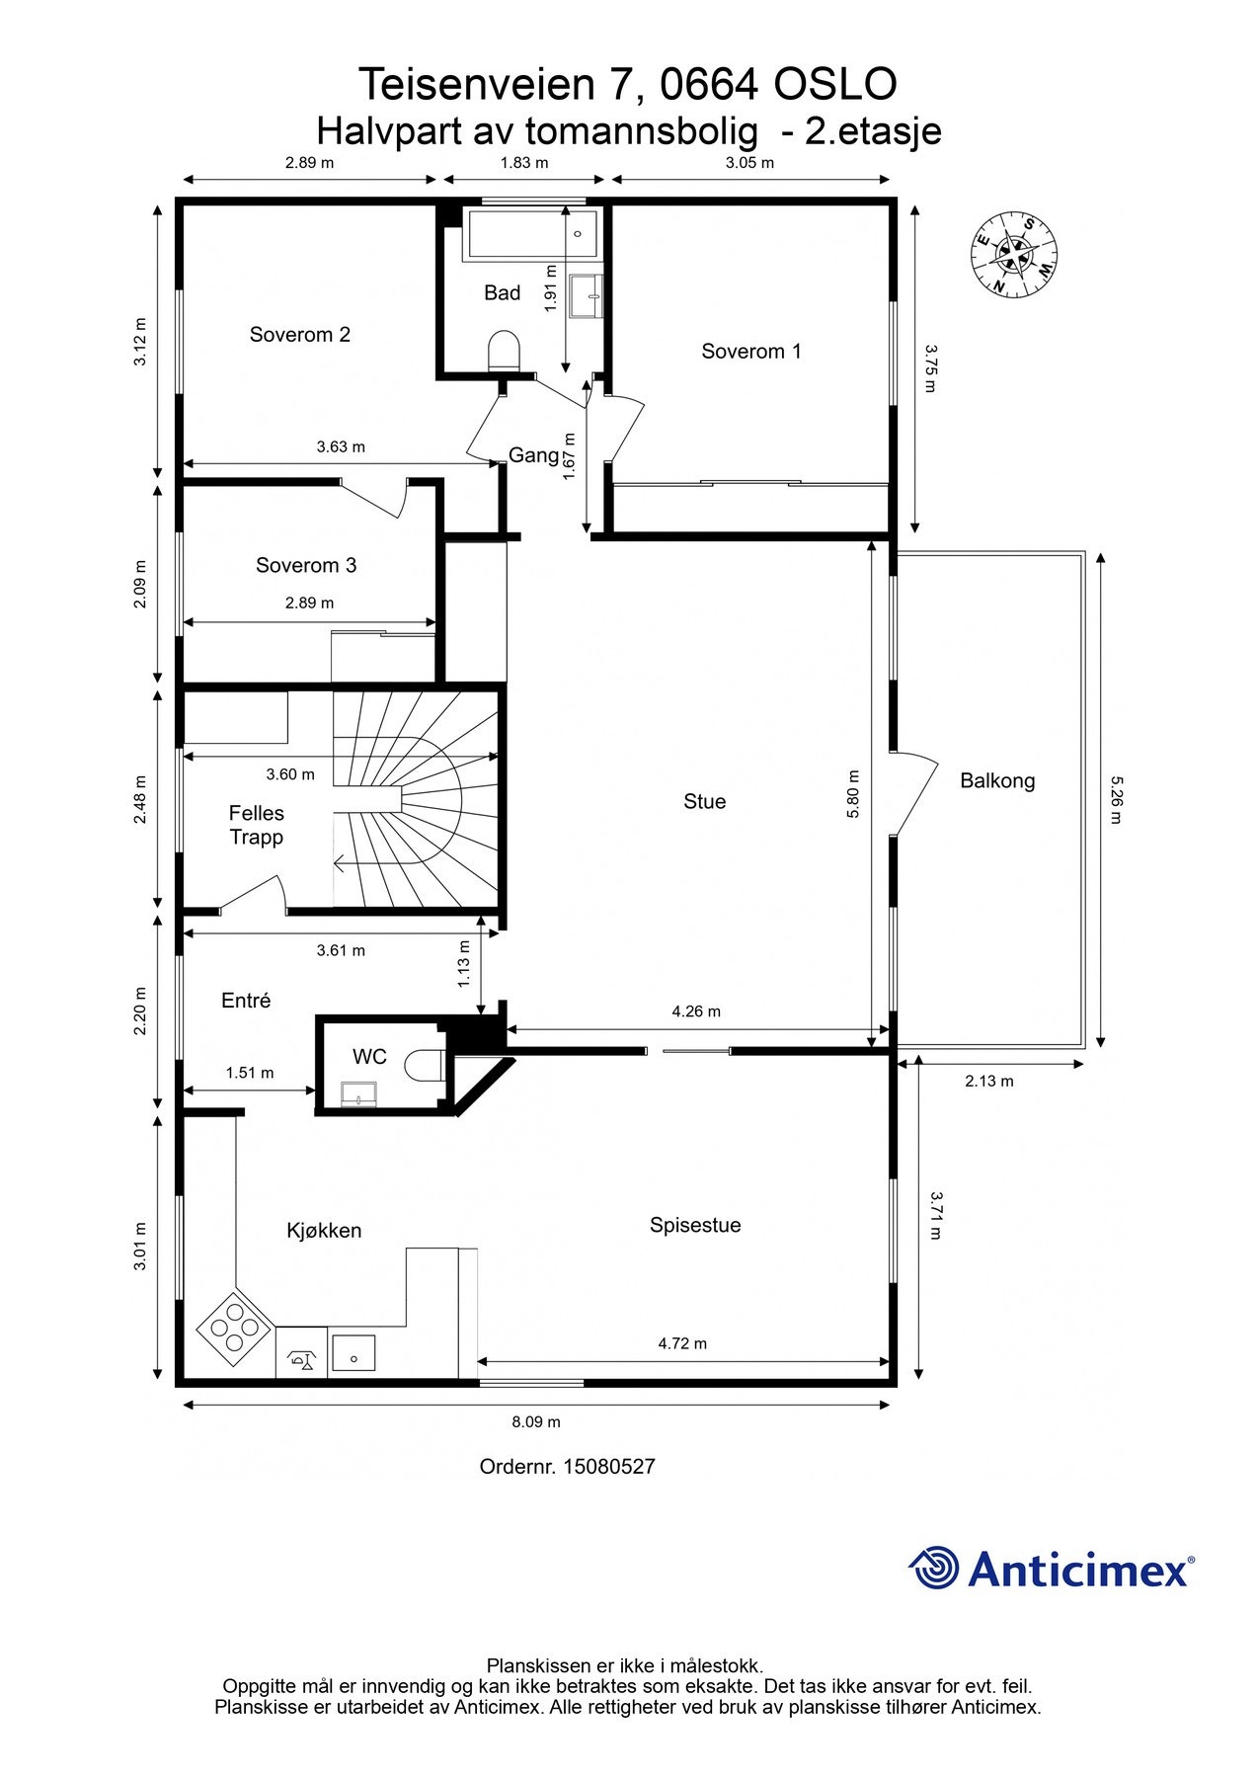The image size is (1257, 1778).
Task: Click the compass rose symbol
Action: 1014,255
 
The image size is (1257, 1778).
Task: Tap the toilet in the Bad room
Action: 504,352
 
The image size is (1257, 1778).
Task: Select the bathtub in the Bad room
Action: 531,235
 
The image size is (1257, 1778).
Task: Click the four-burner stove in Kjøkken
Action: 234,1329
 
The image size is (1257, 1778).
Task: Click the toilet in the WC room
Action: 429,1065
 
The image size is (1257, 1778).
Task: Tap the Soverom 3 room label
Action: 306,566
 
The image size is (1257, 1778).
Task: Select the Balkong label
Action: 997,781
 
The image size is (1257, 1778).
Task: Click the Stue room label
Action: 704,801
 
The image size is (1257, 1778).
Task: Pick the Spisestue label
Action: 695,1226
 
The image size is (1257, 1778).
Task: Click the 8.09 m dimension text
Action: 536,1422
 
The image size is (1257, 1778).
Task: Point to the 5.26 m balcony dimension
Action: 1116,799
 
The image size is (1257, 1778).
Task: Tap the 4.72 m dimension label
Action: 682,1343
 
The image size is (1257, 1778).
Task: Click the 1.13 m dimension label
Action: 464,964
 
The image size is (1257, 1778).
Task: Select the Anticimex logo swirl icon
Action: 934,1568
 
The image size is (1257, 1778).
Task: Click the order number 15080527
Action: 608,1467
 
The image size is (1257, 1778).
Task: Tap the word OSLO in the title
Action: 835,85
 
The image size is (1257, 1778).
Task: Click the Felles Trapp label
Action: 256,826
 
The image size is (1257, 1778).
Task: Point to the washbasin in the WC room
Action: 358,1093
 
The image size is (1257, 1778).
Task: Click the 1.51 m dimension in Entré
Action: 250,1073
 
